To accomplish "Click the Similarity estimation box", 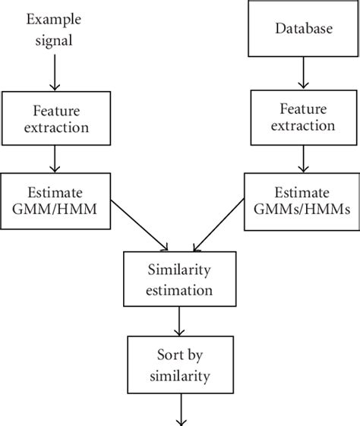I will pos(179,280).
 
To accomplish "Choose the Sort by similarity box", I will pos(179,364).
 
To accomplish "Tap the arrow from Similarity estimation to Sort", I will pos(179,320).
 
